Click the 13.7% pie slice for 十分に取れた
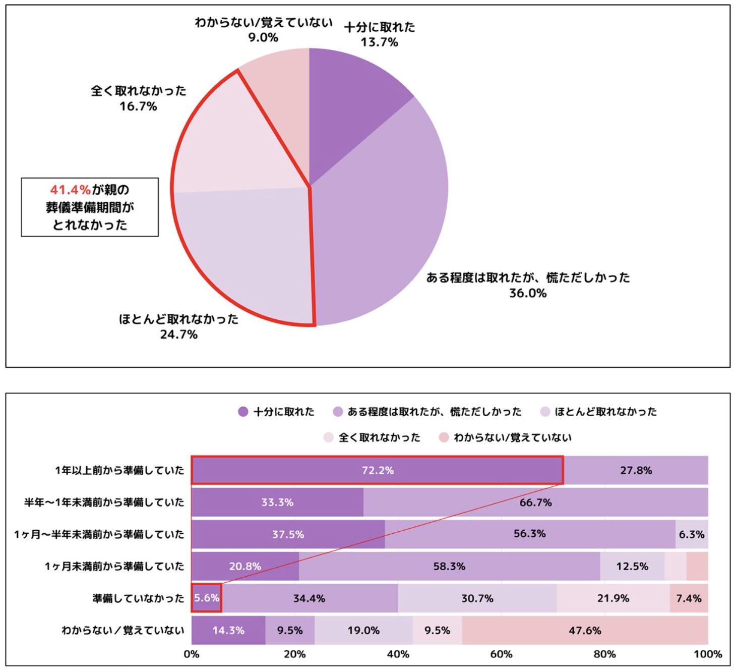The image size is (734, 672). (x=348, y=101)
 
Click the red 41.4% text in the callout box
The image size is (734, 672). (x=70, y=190)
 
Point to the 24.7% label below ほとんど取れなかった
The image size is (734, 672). (x=179, y=334)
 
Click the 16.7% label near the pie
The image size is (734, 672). (x=138, y=106)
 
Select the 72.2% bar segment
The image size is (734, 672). (x=377, y=470)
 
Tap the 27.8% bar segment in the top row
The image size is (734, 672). (x=636, y=470)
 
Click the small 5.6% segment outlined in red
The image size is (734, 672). (x=207, y=598)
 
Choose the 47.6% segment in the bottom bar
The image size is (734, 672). (x=585, y=630)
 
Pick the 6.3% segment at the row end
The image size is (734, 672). (x=692, y=534)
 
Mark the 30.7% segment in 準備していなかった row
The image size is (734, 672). (x=477, y=598)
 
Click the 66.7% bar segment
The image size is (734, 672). (x=535, y=502)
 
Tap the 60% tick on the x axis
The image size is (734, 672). (x=501, y=654)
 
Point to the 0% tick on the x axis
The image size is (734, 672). (x=192, y=654)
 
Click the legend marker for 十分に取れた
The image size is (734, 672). (x=243, y=412)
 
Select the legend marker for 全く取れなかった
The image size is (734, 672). (x=329, y=437)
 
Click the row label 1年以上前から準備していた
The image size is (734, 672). (x=119, y=470)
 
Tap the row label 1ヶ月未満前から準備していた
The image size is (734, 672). (x=114, y=566)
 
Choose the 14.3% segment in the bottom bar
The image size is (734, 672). (x=228, y=630)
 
